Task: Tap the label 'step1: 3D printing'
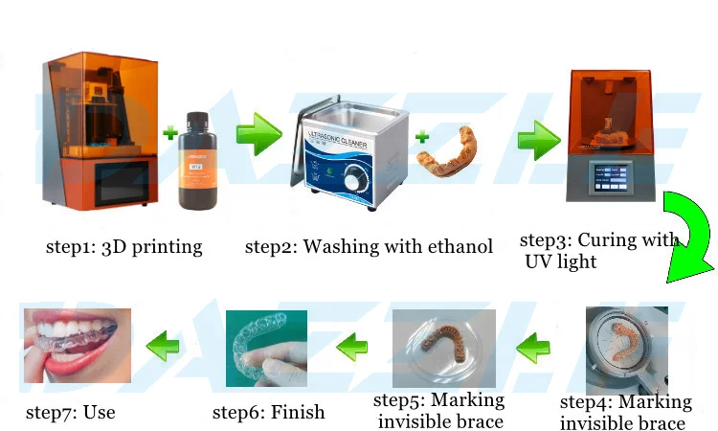pos(124,247)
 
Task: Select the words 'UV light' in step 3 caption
pos(560,261)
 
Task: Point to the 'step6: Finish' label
pos(268,413)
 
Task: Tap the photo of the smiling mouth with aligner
pos(77,346)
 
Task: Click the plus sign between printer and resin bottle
pos(169,129)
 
